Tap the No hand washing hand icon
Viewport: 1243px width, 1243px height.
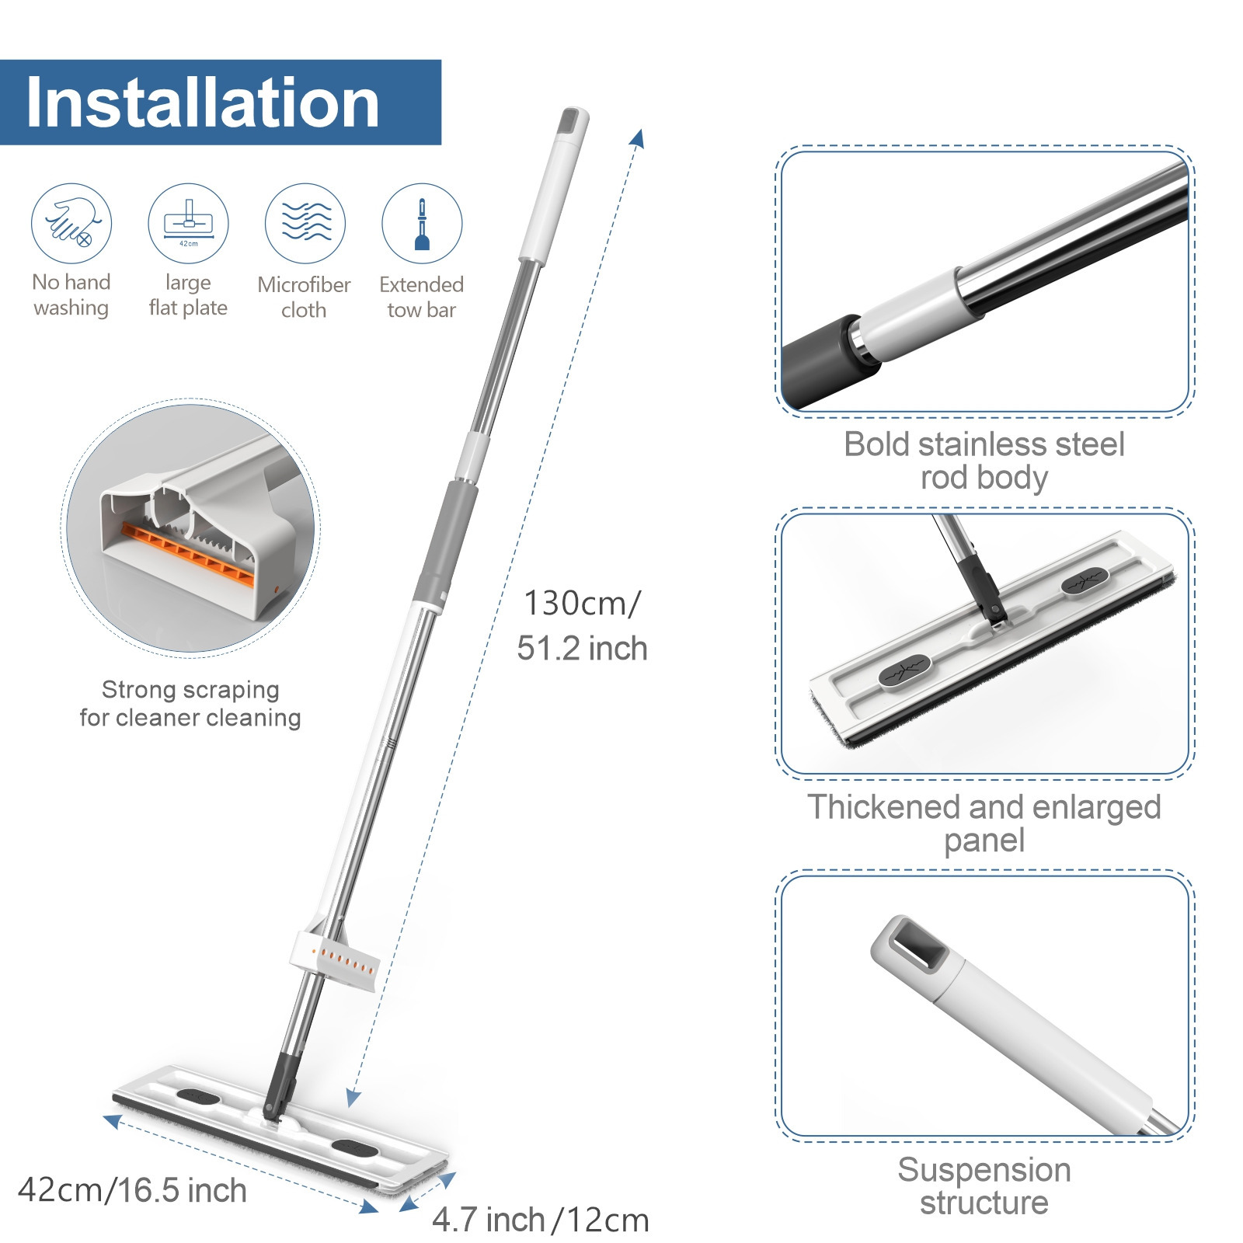pyautogui.click(x=71, y=223)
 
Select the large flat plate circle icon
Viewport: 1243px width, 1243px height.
pyautogui.click(x=188, y=223)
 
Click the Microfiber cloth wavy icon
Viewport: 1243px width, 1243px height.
pyautogui.click(x=305, y=223)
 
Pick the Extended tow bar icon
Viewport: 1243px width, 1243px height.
pyautogui.click(x=422, y=223)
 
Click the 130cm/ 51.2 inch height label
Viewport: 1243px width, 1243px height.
pyautogui.click(x=582, y=625)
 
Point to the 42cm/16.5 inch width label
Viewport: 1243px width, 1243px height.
pyautogui.click(x=132, y=1190)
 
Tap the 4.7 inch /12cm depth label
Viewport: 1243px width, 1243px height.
pyautogui.click(x=540, y=1220)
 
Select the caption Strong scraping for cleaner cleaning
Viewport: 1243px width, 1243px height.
pyautogui.click(x=190, y=703)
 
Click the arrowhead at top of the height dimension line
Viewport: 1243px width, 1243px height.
pyautogui.click(x=638, y=138)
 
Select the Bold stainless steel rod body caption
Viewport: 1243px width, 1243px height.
pyautogui.click(x=984, y=461)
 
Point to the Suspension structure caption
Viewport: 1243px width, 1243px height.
pyautogui.click(x=984, y=1186)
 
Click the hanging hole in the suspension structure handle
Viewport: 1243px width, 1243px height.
pyautogui.click(x=918, y=944)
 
